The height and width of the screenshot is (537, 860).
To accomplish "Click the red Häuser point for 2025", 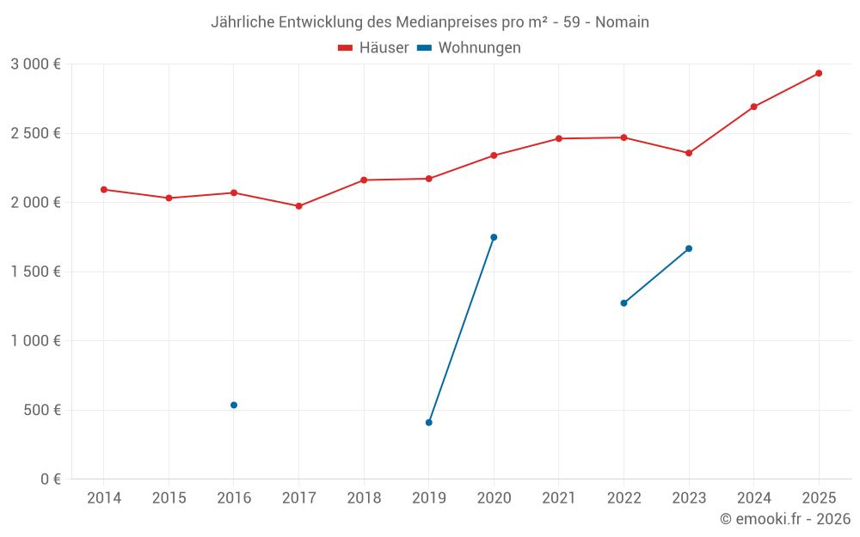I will pos(819,73).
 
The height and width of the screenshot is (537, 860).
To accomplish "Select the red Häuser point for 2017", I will pos(298,206).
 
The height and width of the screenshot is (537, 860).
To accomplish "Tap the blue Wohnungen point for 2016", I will pos(234,405).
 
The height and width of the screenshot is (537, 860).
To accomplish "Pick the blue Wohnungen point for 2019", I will pos(428,423).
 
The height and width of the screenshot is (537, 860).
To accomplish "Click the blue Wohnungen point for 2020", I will pos(494,237).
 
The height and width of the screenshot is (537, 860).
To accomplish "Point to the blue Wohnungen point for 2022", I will pos(623,303).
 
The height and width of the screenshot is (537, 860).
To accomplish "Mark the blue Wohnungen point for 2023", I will pos(689,248).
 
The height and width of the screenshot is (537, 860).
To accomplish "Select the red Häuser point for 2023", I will pos(689,153).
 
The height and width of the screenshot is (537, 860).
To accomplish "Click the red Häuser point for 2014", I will pos(103,190).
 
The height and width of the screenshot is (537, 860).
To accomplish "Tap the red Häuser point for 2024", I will pos(753,107).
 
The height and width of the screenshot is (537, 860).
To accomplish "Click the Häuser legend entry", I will pos(373,48).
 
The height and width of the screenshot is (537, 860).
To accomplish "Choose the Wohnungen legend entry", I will pos(470,48).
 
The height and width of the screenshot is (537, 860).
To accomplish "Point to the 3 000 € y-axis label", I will pos(35,64).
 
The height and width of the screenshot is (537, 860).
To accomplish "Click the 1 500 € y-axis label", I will pos(35,272).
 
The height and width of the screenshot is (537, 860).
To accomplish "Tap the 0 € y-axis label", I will pos(51,479).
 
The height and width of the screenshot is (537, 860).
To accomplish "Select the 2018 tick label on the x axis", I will pos(364,498).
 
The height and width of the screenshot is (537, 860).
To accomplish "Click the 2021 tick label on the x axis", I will pos(559,498).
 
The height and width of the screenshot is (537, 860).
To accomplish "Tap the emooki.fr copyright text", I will pos(784,519).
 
